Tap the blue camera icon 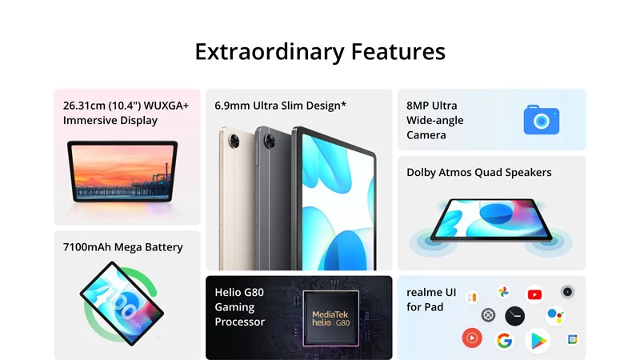pos(542,119)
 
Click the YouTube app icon pos(534,294)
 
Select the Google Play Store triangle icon pos(538,341)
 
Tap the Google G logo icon pos(504,341)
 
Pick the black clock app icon pos(514,316)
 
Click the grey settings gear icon pos(488,315)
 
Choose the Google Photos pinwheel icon pos(504,292)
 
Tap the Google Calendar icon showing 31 pos(573,339)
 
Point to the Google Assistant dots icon pos(555,315)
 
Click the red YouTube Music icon pos(472,338)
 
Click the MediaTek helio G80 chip pos(330,318)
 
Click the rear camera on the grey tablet pos(270,142)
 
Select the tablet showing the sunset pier pos(122,171)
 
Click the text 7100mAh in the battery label pos(87,247)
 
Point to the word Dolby pos(422,173)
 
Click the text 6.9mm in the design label pos(232,106)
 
